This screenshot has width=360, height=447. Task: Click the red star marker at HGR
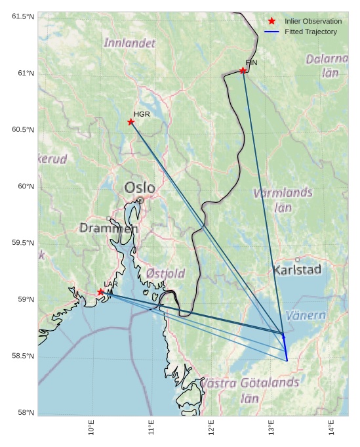pos(131,122)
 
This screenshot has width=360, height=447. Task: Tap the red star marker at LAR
pos(101,292)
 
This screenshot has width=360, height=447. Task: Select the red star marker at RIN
pos(243,71)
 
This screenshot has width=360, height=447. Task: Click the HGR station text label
pos(142,114)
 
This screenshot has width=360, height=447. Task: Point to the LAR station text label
pos(111,284)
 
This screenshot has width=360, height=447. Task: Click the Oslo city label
pos(140,188)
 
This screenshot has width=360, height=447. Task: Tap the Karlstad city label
pos(297,270)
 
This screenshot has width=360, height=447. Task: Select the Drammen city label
pos(109,228)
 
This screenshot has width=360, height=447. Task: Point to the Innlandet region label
pos(130,43)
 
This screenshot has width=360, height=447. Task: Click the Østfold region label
pos(165,273)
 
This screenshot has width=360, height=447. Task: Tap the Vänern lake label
pos(306,316)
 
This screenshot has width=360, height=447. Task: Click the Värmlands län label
pos(283,200)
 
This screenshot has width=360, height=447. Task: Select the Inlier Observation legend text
pos(313,22)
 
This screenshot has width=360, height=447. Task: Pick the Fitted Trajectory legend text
pos(311,32)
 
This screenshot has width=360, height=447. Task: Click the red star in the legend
pos(271,22)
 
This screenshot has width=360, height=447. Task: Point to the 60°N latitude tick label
pos(22,186)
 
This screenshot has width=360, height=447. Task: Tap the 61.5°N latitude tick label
pos(22,16)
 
